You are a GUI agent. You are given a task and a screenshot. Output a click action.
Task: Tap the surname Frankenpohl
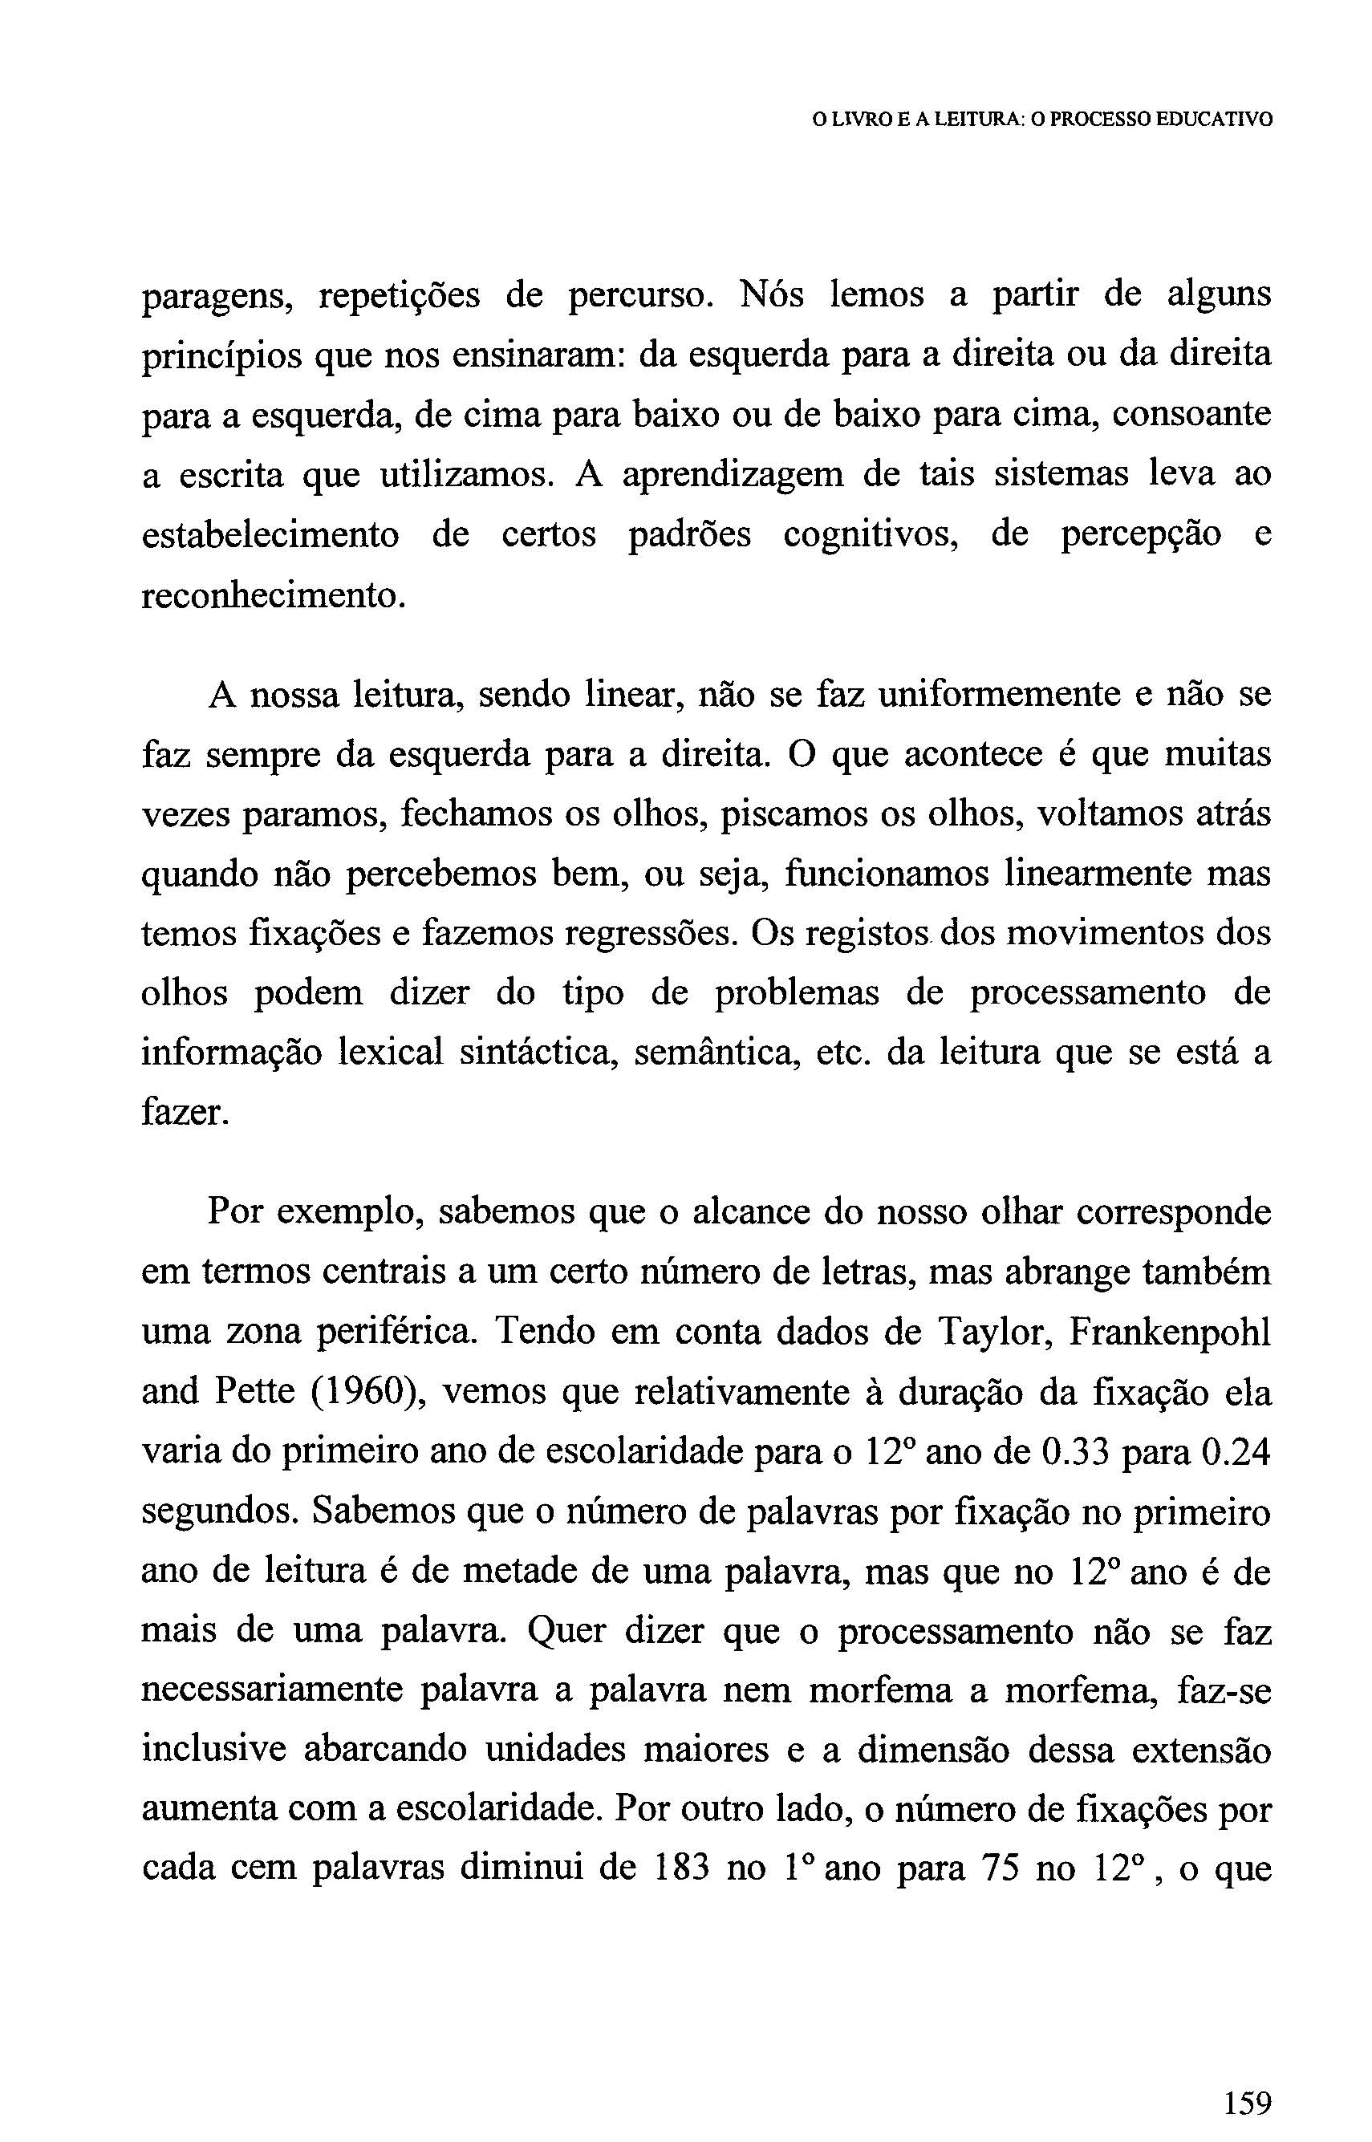point(1169,1332)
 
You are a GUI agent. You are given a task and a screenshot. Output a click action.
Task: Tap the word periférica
point(388,1333)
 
